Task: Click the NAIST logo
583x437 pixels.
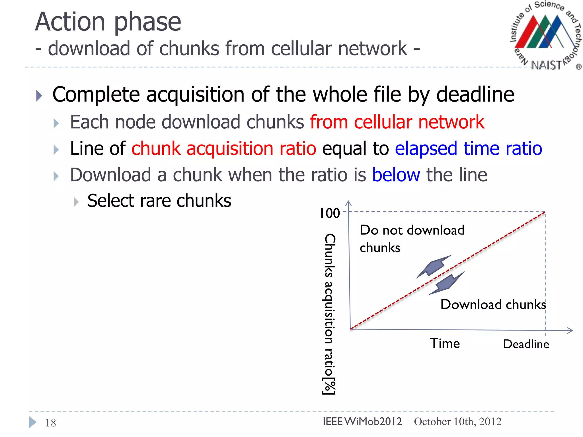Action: point(545,36)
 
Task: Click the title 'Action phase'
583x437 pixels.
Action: point(108,22)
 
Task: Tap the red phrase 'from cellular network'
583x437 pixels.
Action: point(397,122)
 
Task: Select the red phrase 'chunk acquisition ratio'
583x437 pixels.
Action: point(224,149)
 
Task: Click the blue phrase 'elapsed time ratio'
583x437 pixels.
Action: point(468,149)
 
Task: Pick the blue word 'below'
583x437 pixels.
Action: point(396,175)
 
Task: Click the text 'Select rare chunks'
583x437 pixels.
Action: point(159,201)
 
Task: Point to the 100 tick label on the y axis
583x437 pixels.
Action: point(330,213)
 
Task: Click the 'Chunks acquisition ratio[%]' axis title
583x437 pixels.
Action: point(330,314)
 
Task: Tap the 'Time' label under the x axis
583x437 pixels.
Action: point(445,343)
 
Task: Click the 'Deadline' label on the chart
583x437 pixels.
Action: point(526,344)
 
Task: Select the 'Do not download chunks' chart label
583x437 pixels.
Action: point(412,238)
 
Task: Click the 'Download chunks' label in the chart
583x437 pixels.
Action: point(493,304)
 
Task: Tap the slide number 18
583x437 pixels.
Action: point(51,423)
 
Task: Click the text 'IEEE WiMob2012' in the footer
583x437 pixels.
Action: point(362,421)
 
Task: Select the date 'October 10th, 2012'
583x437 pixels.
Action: point(457,421)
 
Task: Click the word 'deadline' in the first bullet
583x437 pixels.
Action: point(475,94)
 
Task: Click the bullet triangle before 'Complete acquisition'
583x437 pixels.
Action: point(39,96)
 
